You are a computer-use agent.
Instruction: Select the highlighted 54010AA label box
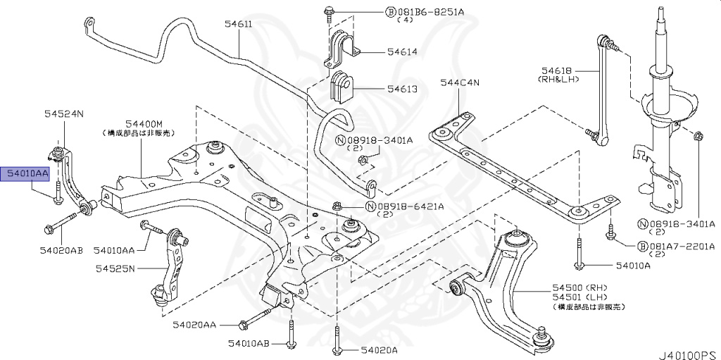click(27, 173)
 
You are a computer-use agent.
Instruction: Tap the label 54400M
click(144, 123)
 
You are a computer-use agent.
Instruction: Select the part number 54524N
click(64, 113)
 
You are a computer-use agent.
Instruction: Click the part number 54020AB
click(61, 250)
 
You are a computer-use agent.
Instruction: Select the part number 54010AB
click(249, 343)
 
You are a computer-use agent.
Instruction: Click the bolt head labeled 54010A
click(577, 266)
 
